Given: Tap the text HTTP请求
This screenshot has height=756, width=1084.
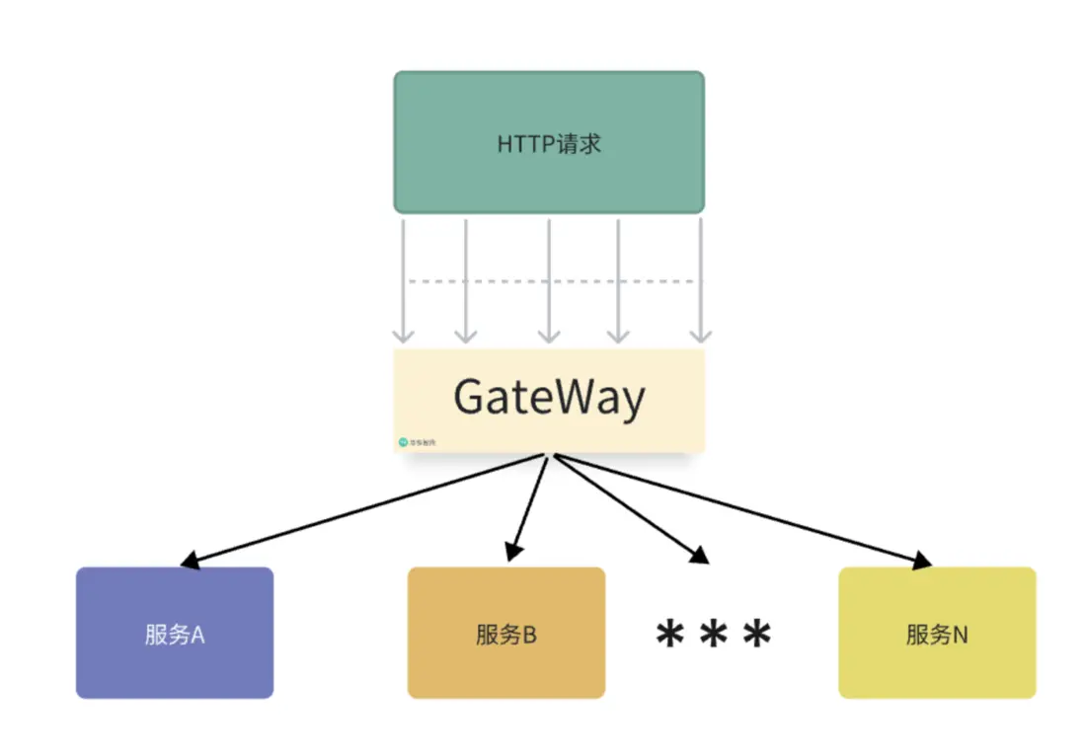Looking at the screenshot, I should point(549,144).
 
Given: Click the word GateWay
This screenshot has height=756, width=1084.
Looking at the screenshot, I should point(549,397).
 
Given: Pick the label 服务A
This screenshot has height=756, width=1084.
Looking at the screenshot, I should point(174,635).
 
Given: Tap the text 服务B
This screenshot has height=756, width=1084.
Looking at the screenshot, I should point(505,635).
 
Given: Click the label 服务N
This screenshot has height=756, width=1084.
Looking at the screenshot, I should point(937,635).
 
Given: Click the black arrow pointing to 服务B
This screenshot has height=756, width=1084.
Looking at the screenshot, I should point(529,507).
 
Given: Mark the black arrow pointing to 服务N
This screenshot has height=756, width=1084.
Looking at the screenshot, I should point(740,510).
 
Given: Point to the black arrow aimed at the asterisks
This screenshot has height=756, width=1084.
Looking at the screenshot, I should point(632,508).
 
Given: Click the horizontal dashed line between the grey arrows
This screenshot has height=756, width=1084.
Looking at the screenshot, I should point(553,282).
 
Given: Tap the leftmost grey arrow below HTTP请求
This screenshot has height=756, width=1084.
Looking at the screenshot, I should point(404,281).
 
